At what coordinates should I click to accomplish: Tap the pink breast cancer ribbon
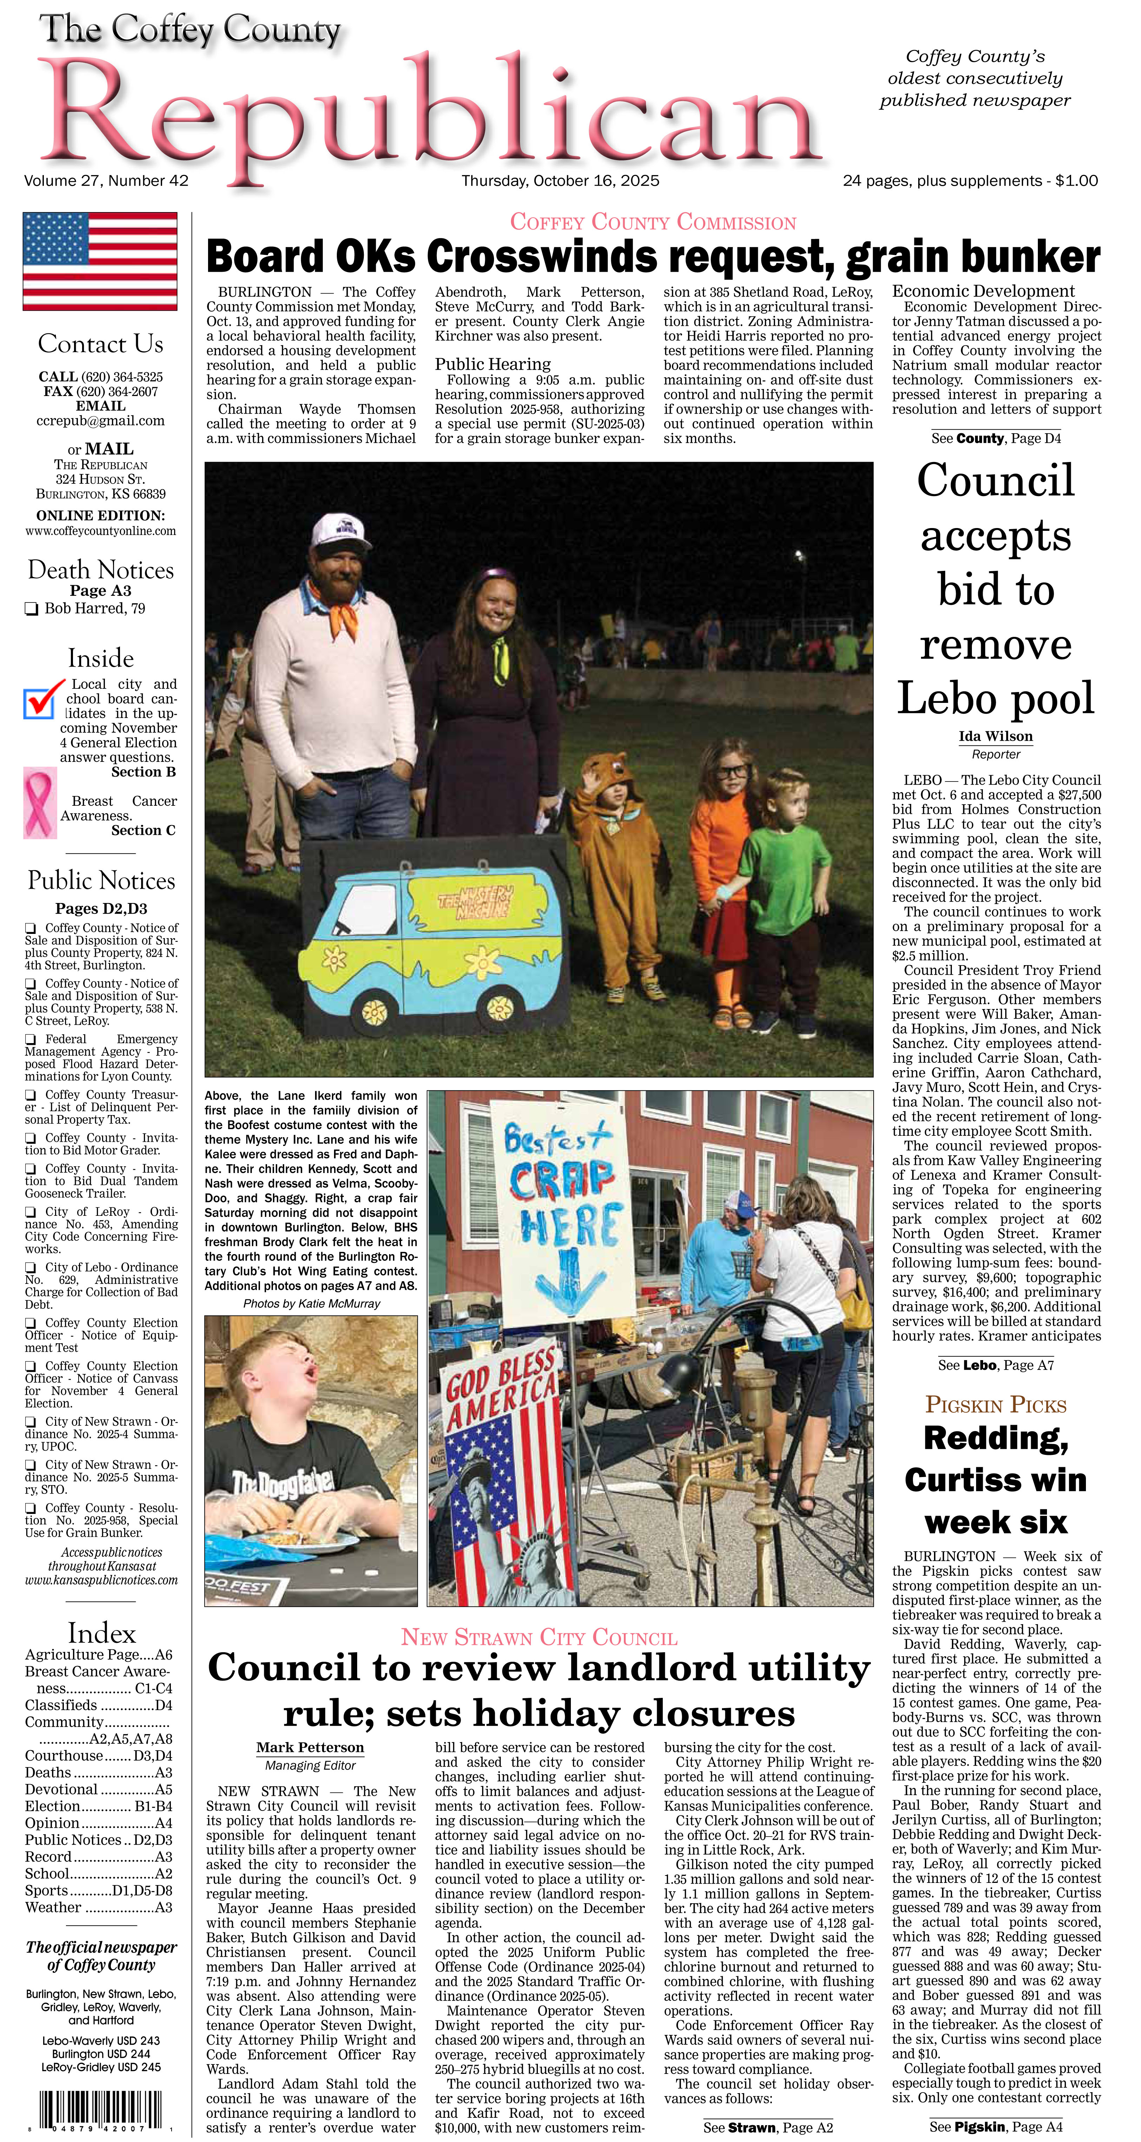(39, 803)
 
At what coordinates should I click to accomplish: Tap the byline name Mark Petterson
(310, 1747)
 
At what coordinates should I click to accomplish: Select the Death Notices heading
(101, 569)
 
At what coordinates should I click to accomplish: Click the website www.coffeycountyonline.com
(101, 530)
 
